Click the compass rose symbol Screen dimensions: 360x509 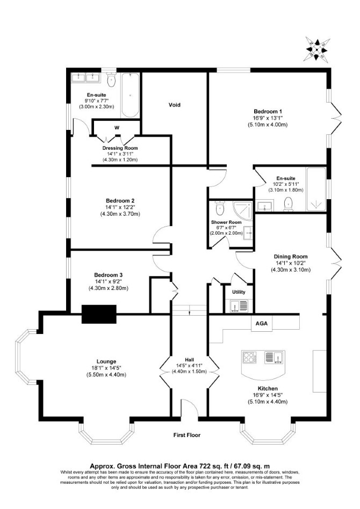[316, 49]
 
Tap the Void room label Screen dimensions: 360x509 [174, 105]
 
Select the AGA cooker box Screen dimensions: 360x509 [262, 323]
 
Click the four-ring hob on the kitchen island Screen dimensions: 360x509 [250, 358]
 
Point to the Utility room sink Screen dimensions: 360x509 [239, 306]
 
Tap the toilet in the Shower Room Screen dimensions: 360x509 [220, 208]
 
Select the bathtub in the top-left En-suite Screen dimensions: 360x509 [130, 95]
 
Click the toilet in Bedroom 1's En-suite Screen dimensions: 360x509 [288, 205]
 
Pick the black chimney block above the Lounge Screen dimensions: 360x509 [99, 314]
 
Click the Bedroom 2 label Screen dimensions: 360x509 [120, 201]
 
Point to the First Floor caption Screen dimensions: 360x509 [187, 435]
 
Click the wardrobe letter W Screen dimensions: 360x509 [117, 128]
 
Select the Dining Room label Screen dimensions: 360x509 [291, 257]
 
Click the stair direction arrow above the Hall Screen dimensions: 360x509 [189, 313]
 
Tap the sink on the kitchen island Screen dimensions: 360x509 [275, 357]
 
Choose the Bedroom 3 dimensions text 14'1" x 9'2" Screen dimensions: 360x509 [109, 281]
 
